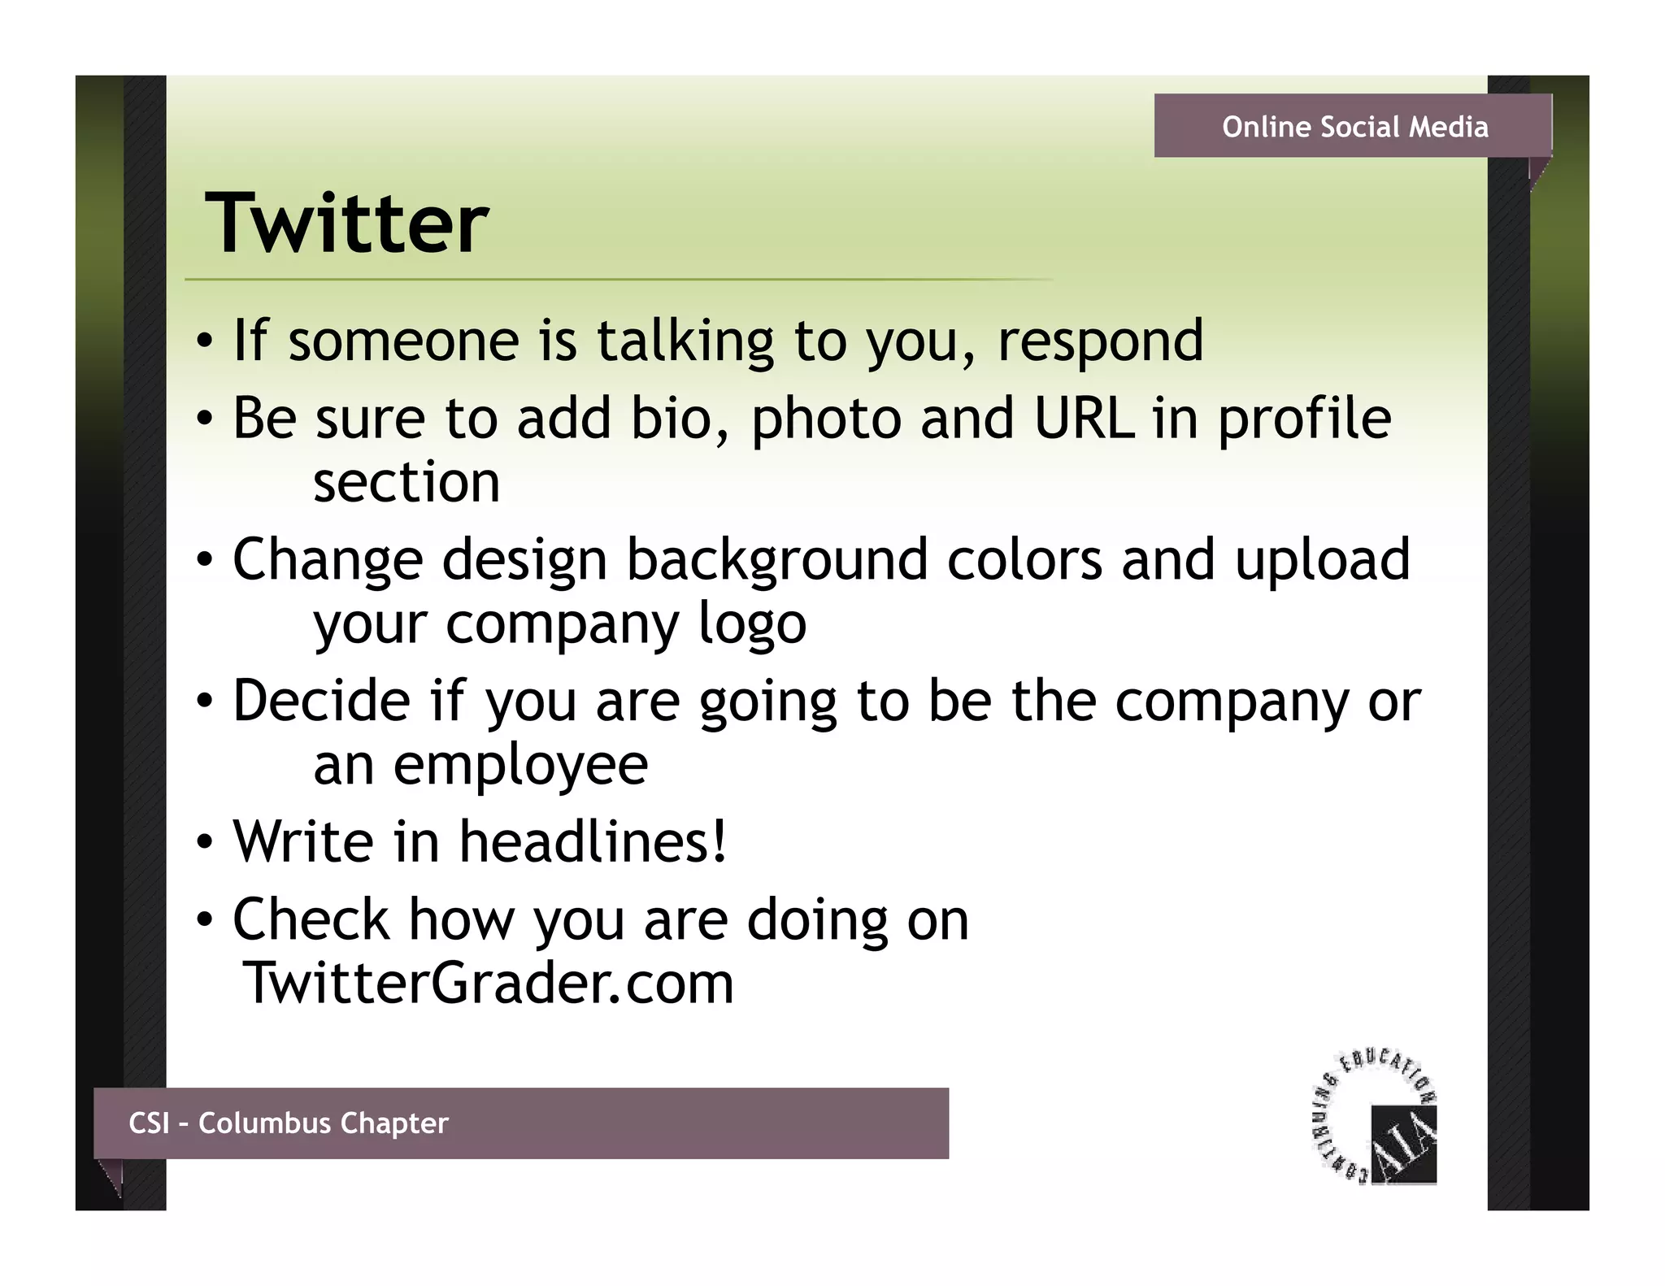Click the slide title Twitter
click(x=346, y=224)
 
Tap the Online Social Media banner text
click(x=1354, y=127)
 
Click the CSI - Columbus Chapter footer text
click(x=289, y=1123)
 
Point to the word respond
click(x=1100, y=341)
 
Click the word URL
click(x=1084, y=419)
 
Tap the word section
click(x=406, y=482)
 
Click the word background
click(x=776, y=562)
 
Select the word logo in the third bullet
click(x=752, y=625)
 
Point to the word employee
click(x=520, y=766)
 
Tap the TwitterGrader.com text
click(x=488, y=983)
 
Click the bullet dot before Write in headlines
click(x=205, y=842)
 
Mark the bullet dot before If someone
click(x=205, y=341)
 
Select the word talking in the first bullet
click(x=685, y=341)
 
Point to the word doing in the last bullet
click(x=817, y=921)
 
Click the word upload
click(x=1322, y=562)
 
